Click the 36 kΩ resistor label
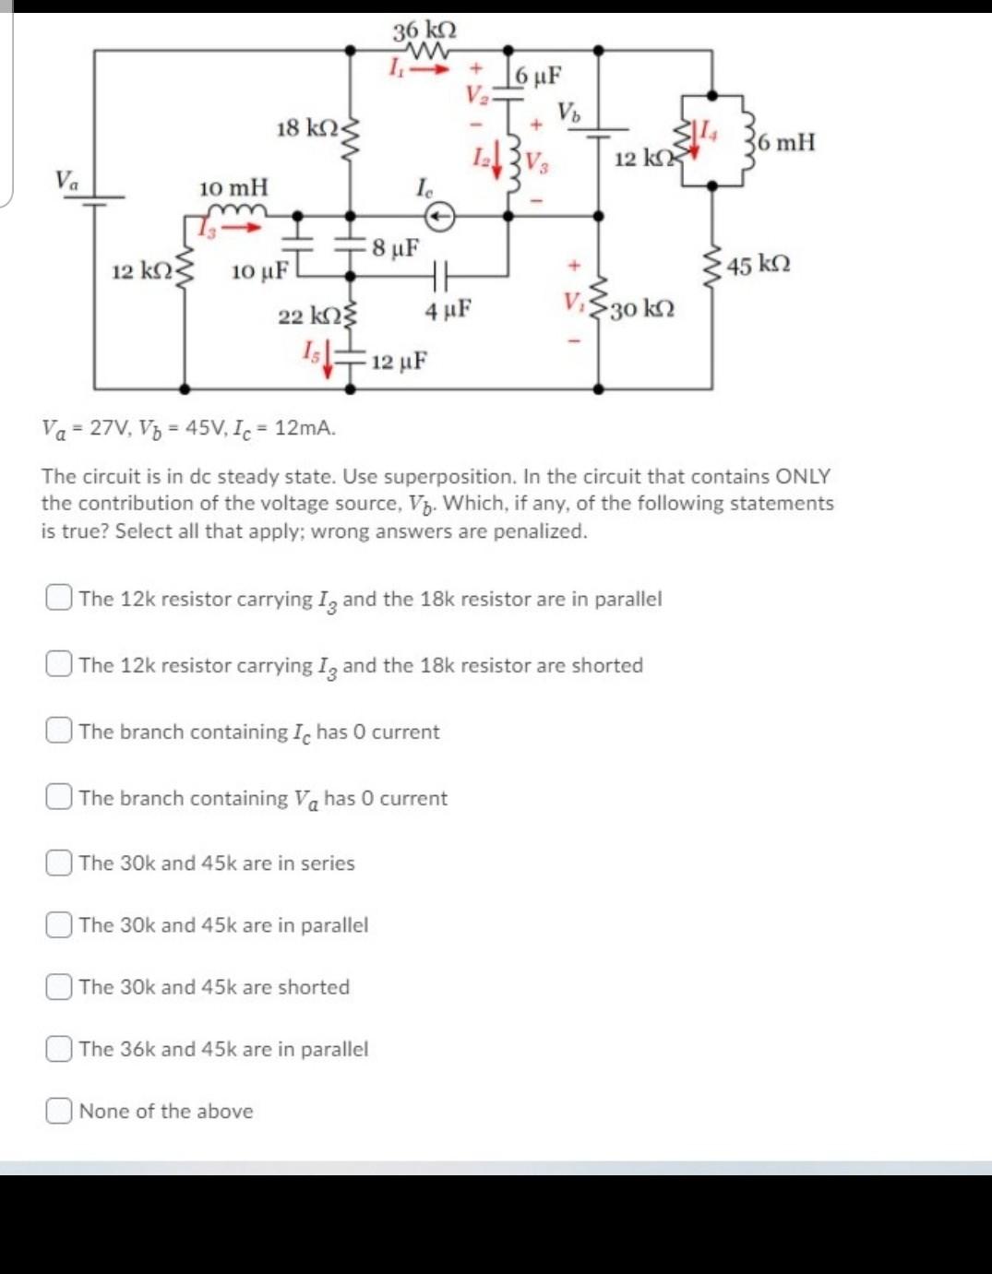[424, 30]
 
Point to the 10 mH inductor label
[233, 187]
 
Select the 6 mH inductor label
[785, 142]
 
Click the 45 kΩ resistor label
[759, 266]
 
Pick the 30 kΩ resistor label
[642, 308]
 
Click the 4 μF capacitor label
[448, 310]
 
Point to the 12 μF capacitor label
[400, 361]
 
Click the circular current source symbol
[440, 216]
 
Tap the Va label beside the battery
[66, 179]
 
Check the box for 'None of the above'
[58, 1111]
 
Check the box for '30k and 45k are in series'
[58, 863]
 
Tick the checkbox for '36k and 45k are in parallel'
[58, 1049]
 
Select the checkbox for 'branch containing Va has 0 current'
[58, 798]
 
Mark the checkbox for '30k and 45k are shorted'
[58, 987]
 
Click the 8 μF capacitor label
[396, 248]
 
